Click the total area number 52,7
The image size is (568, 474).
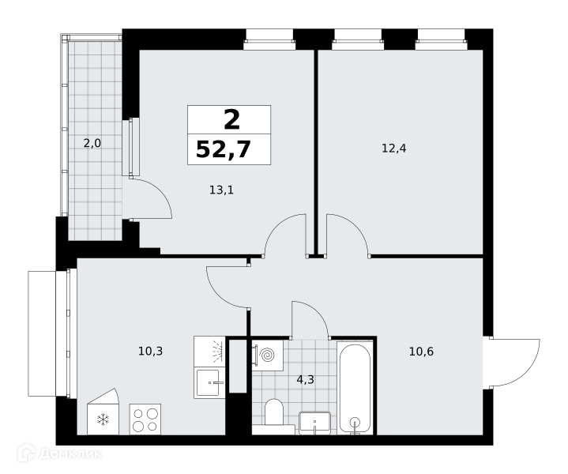click(x=224, y=149)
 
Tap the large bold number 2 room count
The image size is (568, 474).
click(x=231, y=119)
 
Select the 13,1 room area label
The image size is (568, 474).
click(x=222, y=190)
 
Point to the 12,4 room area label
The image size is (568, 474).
click(x=394, y=148)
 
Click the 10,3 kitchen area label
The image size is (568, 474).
click(x=151, y=351)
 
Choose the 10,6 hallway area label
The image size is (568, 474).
click(x=421, y=351)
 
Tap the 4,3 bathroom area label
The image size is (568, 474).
click(x=306, y=379)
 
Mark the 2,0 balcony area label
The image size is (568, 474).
click(x=92, y=144)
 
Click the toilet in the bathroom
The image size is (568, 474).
click(x=274, y=413)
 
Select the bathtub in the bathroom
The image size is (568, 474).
click(x=354, y=387)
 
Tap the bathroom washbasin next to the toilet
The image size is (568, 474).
click(x=314, y=423)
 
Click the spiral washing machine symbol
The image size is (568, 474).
click(x=269, y=355)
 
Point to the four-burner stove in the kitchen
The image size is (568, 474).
click(x=145, y=419)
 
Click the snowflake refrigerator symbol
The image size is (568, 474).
click(x=103, y=420)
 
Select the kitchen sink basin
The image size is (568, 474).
click(x=208, y=382)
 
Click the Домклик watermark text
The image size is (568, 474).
click(x=70, y=453)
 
